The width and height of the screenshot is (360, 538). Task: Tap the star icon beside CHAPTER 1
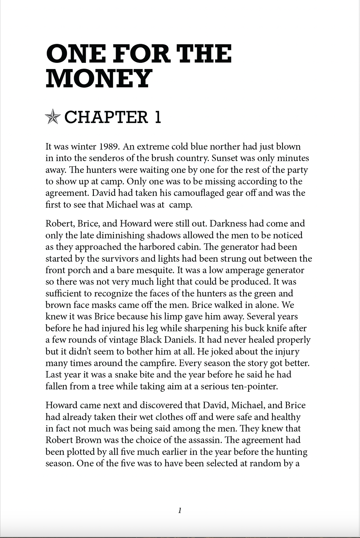tap(53, 117)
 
